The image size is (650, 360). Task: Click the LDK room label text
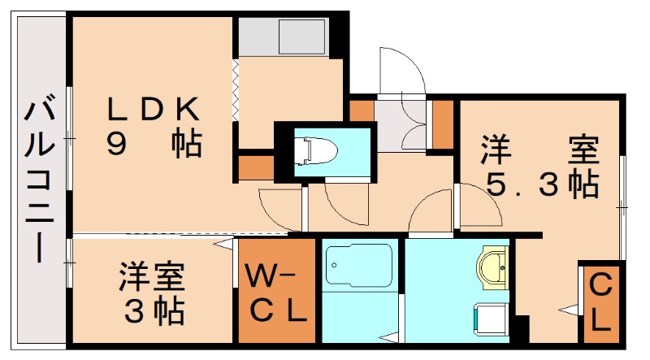pos(153,109)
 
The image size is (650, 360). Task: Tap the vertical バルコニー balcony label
pos(40,179)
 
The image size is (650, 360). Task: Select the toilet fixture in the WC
pos(315,151)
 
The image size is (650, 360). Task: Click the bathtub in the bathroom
pos(359,265)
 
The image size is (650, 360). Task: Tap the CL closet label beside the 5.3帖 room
pos(600,303)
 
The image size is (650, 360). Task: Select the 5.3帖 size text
pos(543,184)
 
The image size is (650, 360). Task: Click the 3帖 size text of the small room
pos(154,312)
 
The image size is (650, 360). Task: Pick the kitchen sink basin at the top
pos(301,37)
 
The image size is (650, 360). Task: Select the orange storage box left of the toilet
pos(256,168)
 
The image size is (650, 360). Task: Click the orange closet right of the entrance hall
pos(443,124)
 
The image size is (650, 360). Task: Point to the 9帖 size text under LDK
pos(154,144)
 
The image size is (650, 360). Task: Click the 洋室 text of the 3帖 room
pos(152,275)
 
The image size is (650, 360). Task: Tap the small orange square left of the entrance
pos(362,111)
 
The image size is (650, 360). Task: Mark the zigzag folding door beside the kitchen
pos(236,90)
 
